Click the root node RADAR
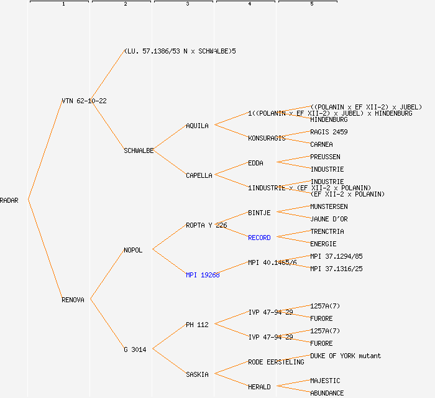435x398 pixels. pyautogui.click(x=9, y=200)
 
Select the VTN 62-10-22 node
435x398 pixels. pyautogui.click(x=84, y=101)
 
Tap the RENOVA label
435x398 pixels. pyautogui.click(x=73, y=300)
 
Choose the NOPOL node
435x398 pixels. pyautogui.click(x=133, y=250)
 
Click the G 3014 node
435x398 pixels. pyautogui.click(x=135, y=349)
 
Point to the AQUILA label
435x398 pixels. pyautogui.click(x=198, y=126)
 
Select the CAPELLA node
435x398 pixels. pyautogui.click(x=199, y=175)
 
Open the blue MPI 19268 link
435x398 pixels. pyautogui.click(x=203, y=275)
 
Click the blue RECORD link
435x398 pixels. pyautogui.click(x=259, y=238)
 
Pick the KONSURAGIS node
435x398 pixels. pyautogui.click(x=267, y=138)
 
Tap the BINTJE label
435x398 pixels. pyautogui.click(x=259, y=213)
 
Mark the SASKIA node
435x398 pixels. pyautogui.click(x=197, y=374)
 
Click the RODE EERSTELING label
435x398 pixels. pyautogui.click(x=276, y=362)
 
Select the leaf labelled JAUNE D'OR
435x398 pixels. pyautogui.click(x=329, y=219)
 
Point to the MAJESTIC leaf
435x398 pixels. pyautogui.click(x=325, y=381)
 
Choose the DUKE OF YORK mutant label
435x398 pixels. pyautogui.click(x=346, y=356)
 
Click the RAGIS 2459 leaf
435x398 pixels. pyautogui.click(x=329, y=132)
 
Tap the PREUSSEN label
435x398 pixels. pyautogui.click(x=325, y=157)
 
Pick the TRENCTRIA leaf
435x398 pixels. pyautogui.click(x=327, y=231)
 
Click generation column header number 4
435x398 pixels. pyautogui.click(x=249, y=4)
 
